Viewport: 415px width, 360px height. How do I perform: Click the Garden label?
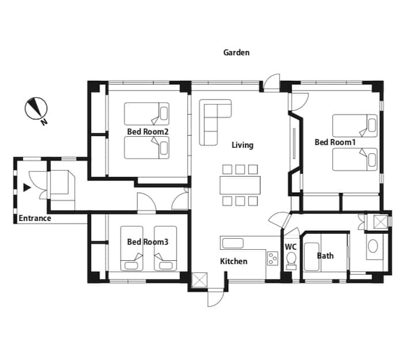click(236, 52)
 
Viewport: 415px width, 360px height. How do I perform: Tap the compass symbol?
click(36, 108)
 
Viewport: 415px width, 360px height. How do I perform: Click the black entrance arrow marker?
click(27, 187)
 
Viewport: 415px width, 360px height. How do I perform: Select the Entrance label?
click(35, 218)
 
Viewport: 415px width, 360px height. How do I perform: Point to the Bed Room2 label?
click(148, 132)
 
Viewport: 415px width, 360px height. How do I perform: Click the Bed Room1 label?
click(335, 142)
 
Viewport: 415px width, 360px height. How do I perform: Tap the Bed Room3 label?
click(148, 242)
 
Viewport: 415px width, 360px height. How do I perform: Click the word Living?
click(243, 145)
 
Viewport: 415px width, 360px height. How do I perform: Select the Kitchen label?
click(233, 261)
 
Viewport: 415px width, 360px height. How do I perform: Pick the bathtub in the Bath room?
click(311, 256)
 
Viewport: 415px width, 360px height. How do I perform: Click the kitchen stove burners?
click(272, 258)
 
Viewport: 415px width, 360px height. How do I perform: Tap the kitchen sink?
click(233, 243)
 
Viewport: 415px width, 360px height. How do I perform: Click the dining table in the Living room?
click(240, 185)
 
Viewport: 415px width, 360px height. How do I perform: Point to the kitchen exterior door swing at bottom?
click(216, 299)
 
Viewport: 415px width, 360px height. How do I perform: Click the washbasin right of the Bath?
click(373, 246)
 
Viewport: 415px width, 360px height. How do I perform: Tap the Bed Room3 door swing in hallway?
click(146, 203)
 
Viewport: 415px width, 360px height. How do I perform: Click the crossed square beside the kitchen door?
click(199, 280)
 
